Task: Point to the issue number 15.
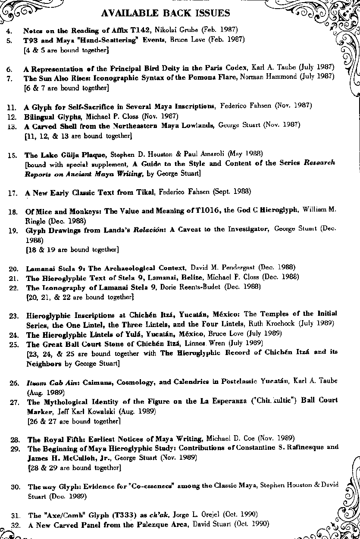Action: point(12,155)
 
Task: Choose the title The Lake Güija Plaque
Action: point(66,154)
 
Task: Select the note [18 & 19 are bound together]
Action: point(72,249)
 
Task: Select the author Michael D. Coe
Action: point(231,439)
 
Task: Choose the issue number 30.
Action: point(16,487)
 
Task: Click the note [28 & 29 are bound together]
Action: point(74,467)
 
